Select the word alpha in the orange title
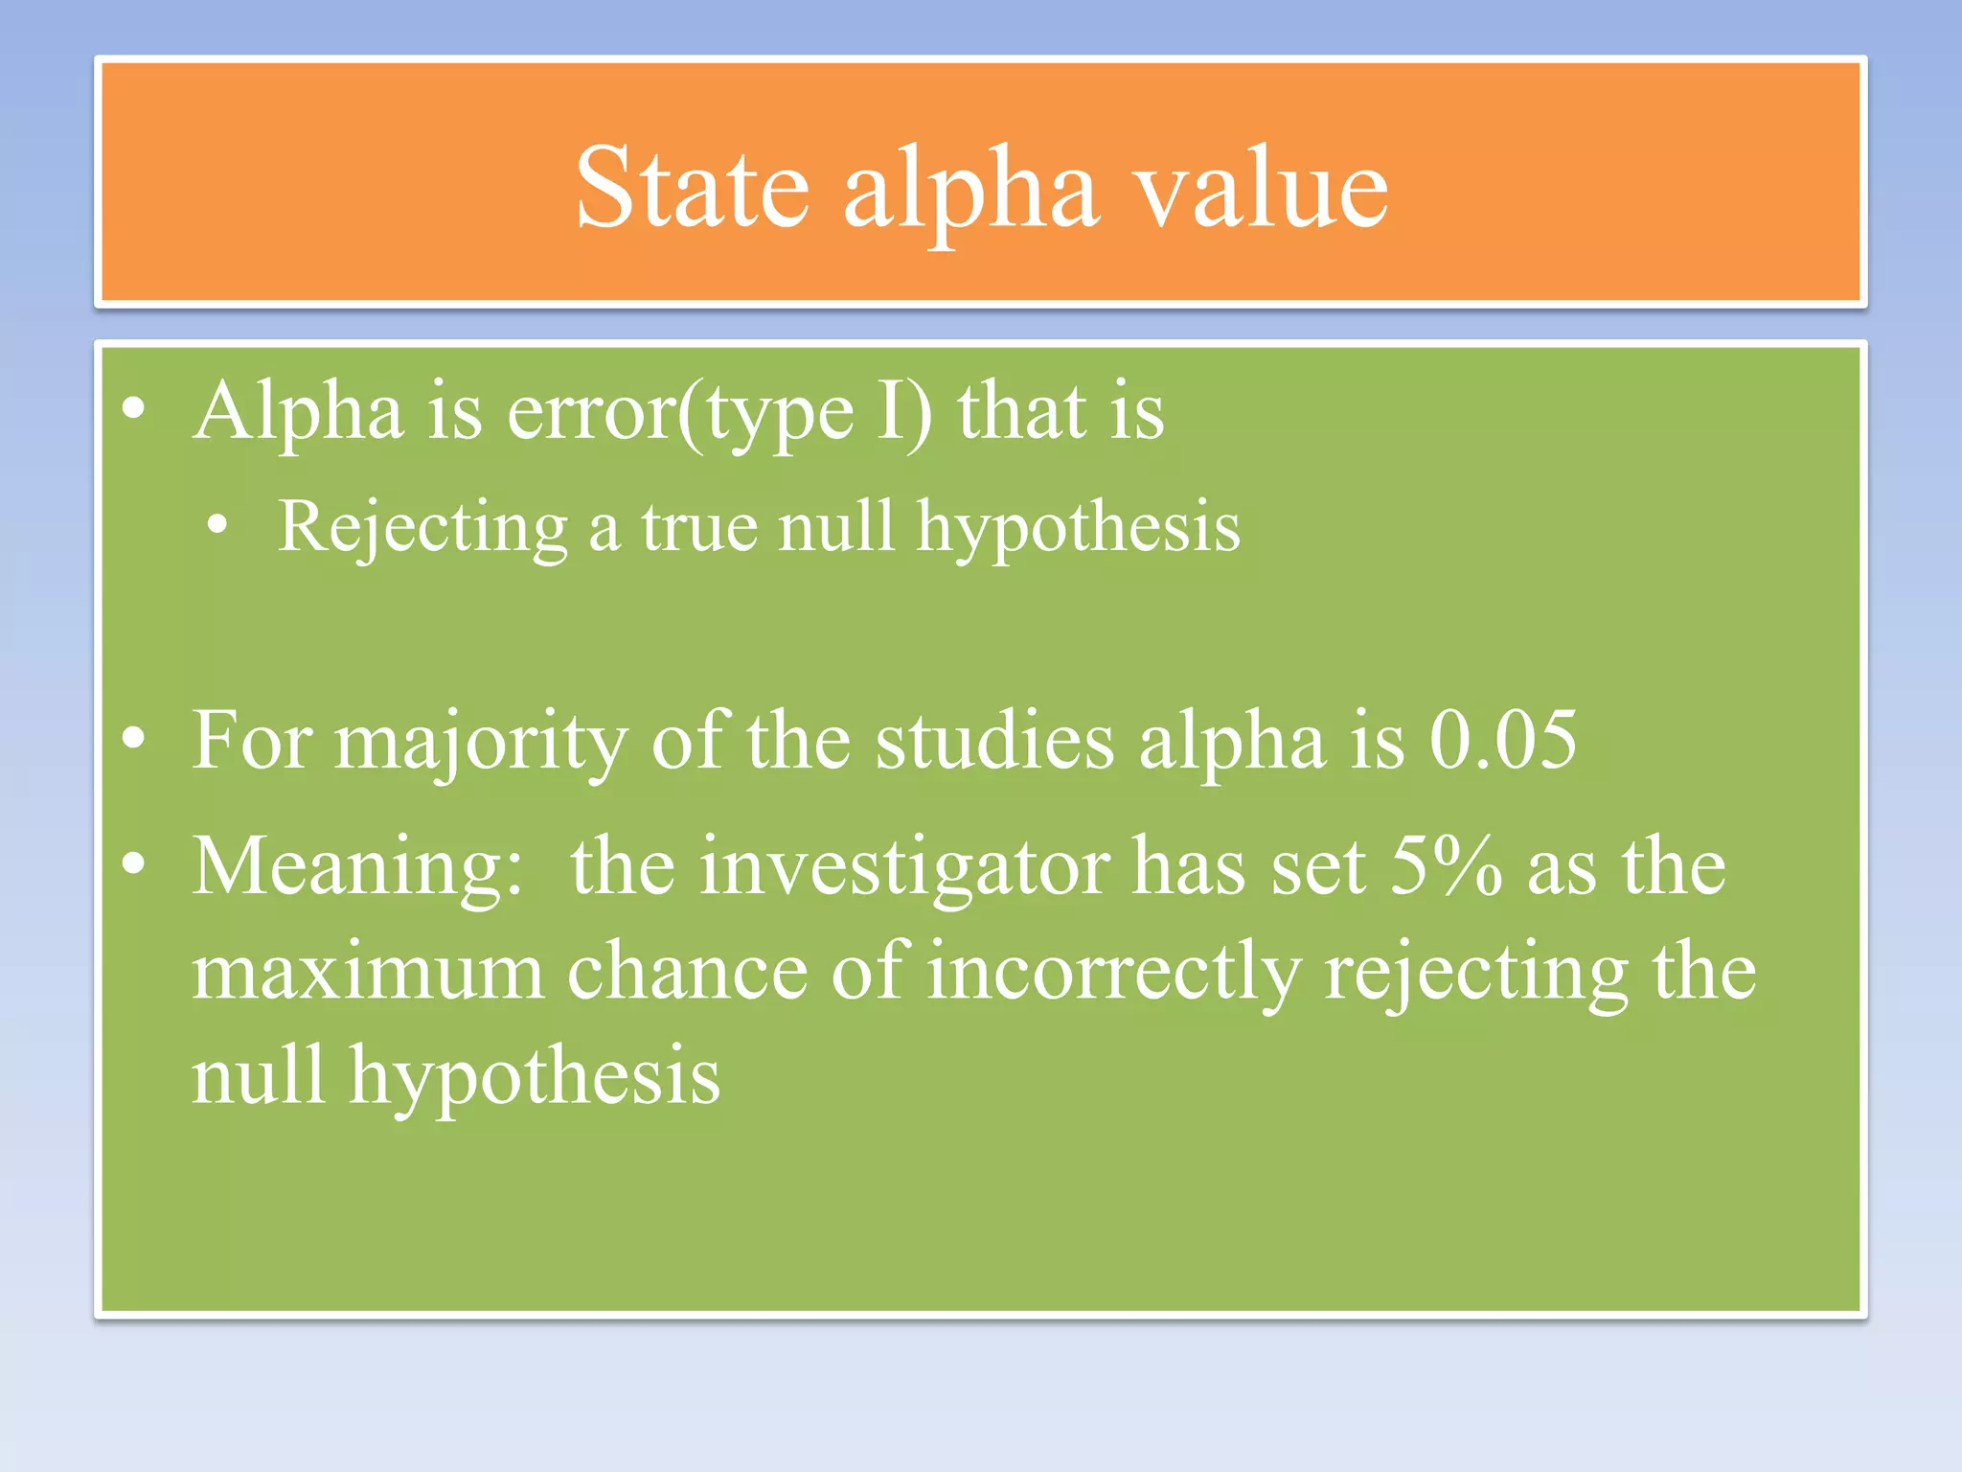(x=970, y=192)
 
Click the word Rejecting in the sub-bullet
(x=422, y=528)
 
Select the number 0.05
(x=1502, y=741)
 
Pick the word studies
(x=994, y=741)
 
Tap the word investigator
(x=904, y=868)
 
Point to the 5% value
(x=1446, y=866)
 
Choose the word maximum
(x=368, y=973)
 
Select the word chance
(x=687, y=973)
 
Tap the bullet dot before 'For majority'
(x=134, y=739)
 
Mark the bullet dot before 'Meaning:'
(x=134, y=865)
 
